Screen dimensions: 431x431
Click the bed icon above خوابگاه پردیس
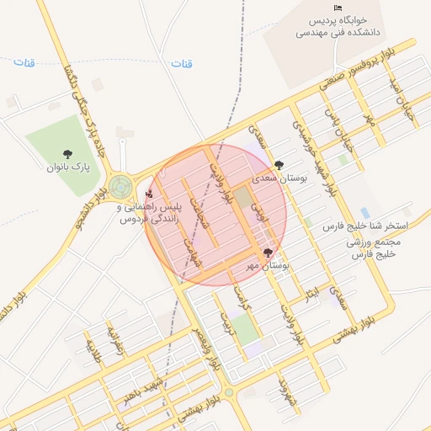[338, 8]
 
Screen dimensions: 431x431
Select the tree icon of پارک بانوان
[67, 153]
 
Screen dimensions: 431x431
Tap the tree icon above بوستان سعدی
[279, 165]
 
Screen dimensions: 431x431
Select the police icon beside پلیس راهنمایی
[150, 194]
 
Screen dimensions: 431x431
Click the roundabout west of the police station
[118, 186]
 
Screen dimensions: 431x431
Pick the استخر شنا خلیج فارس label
[365, 227]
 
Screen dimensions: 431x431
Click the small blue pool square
[364, 212]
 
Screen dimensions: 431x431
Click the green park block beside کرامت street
[245, 329]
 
